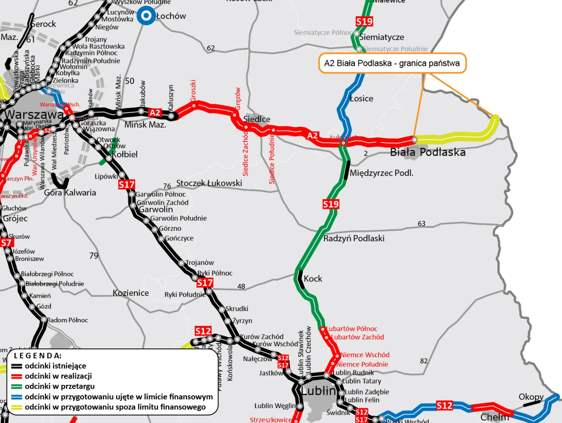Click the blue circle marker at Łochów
(146, 16)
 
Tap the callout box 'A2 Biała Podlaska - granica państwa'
(392, 63)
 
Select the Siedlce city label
(257, 119)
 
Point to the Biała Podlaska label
(428, 153)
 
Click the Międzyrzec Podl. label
(381, 173)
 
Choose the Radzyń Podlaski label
(354, 238)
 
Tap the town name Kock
(313, 279)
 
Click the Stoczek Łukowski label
(209, 183)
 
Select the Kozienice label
(130, 293)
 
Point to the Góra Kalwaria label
(70, 193)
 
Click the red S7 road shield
(6, 243)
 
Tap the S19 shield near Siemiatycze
(364, 21)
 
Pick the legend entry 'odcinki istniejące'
(55, 366)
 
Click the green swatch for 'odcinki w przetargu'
(16, 386)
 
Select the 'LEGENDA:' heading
(38, 356)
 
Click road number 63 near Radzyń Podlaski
(421, 224)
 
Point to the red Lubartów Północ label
(352, 329)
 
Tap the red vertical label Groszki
(193, 90)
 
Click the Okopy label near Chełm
(531, 397)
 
